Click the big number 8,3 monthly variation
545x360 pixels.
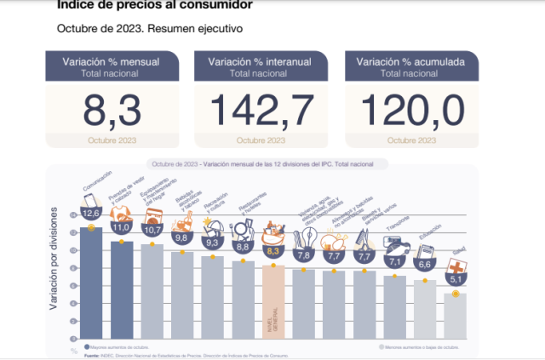click(112, 110)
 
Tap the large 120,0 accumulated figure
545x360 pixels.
click(412, 110)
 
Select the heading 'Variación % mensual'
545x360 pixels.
click(112, 61)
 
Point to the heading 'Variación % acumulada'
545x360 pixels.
click(412, 61)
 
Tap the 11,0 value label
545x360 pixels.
click(123, 227)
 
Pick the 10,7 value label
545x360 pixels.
click(153, 230)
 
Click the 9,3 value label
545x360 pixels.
click(213, 243)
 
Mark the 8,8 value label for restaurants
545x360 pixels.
click(244, 247)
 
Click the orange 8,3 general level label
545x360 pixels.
click(273, 251)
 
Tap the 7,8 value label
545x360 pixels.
click(304, 255)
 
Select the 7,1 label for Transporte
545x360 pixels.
click(395, 261)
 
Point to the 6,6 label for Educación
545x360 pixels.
click(425, 266)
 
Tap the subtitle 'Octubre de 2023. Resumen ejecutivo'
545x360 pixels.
click(150, 28)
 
